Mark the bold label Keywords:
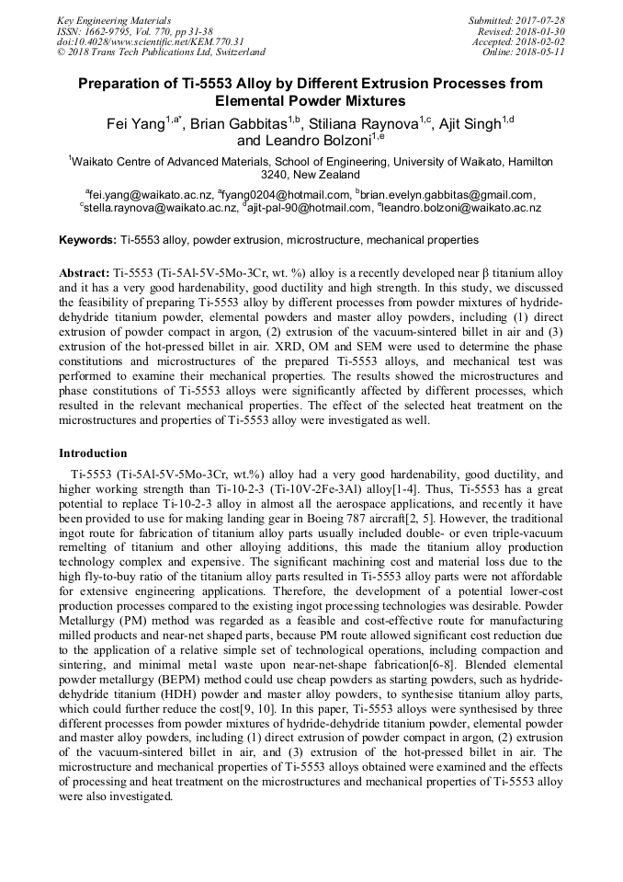click(87, 240)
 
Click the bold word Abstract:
click(84, 275)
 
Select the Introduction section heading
click(94, 453)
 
